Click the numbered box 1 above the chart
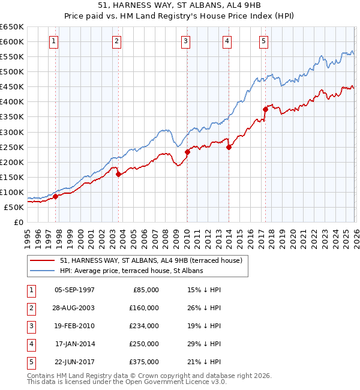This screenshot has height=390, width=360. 55,41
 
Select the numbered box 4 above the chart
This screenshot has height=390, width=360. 227,41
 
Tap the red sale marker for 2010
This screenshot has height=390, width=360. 187,152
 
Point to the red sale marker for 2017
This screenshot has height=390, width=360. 265,109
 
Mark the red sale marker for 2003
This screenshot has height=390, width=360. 118,174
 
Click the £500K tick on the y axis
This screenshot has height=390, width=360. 12,72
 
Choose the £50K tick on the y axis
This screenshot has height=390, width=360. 14,207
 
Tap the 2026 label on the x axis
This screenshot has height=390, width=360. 355,238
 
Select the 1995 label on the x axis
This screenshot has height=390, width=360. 28,238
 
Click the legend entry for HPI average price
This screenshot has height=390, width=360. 131,271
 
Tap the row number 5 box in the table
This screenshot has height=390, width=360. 29,362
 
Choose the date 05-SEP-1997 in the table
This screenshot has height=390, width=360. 74,290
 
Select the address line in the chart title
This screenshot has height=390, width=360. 179,6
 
